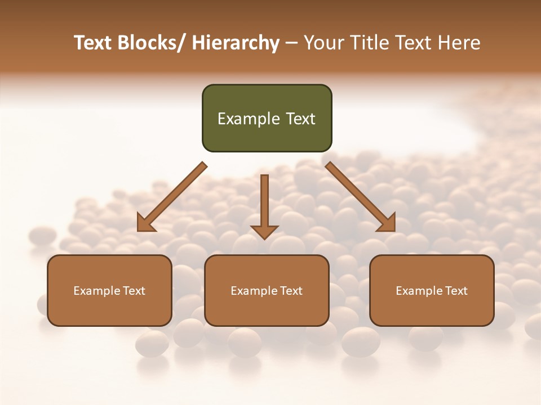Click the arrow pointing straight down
[x=264, y=205]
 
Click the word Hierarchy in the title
[x=236, y=43]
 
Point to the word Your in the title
[x=322, y=43]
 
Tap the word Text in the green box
[x=300, y=119]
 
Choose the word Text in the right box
[x=456, y=291]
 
